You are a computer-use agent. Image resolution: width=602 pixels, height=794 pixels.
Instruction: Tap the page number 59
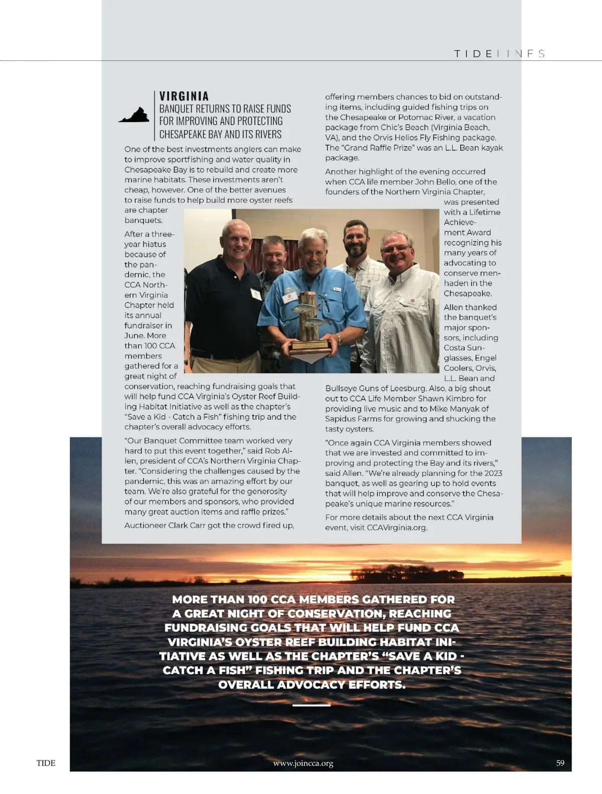tap(560, 763)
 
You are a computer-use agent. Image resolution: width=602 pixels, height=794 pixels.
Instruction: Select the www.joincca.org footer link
tap(303, 763)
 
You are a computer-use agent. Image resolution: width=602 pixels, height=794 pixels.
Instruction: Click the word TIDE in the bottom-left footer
tap(46, 763)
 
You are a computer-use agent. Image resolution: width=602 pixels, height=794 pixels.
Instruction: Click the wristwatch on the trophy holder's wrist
tap(340, 340)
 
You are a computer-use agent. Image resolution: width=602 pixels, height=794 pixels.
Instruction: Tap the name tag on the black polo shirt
tap(256, 294)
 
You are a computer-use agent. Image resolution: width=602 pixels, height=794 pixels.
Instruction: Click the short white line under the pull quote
tap(311, 705)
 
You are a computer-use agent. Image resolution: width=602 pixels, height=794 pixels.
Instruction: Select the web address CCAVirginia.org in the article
tap(397, 527)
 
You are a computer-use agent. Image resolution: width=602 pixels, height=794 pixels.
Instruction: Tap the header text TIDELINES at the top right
tap(499, 54)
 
